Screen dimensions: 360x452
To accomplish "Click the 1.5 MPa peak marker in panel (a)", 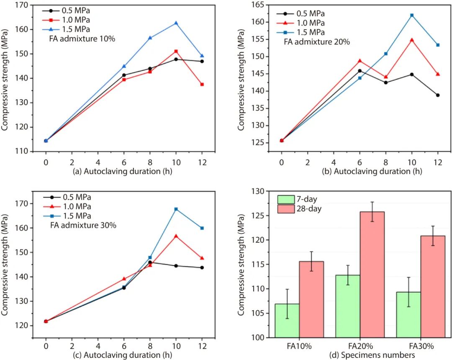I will coord(176,23).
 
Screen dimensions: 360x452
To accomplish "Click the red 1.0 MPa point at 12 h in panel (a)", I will coord(202,85).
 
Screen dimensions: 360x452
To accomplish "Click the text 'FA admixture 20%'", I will coord(316,42).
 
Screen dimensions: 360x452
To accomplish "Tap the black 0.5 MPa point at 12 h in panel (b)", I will coord(438,95).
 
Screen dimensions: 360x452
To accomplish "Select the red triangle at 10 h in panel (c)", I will coord(176,236).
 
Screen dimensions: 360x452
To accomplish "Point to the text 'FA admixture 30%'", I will coord(82,225).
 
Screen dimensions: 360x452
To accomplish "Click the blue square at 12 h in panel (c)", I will coord(202,228).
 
